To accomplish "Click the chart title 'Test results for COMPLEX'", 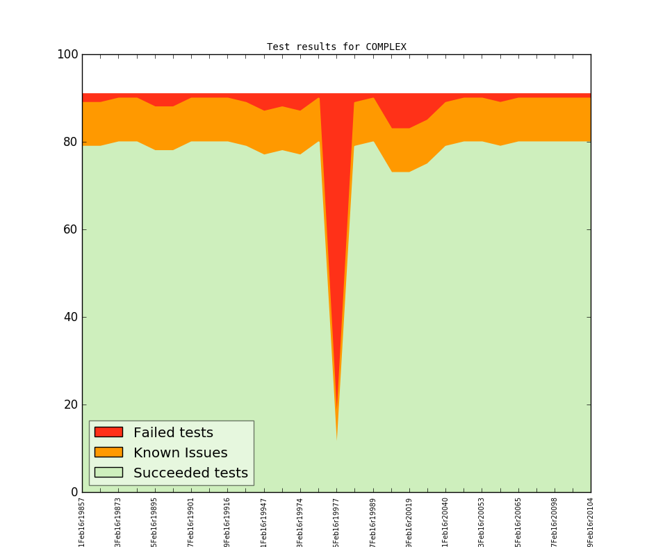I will point(336,47).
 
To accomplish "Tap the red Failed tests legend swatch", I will point(108,432).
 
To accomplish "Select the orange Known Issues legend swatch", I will point(108,452).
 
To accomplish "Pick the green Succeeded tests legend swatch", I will point(108,472).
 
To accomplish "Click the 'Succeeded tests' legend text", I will point(190,473).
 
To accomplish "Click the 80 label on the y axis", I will point(70,142).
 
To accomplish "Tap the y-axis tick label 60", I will point(70,229).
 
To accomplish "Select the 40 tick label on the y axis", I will point(70,317).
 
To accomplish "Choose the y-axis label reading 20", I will point(70,405).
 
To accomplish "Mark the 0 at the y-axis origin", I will point(74,492).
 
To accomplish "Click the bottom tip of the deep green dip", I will point(337,439).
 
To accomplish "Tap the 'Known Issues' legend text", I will point(180,453).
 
